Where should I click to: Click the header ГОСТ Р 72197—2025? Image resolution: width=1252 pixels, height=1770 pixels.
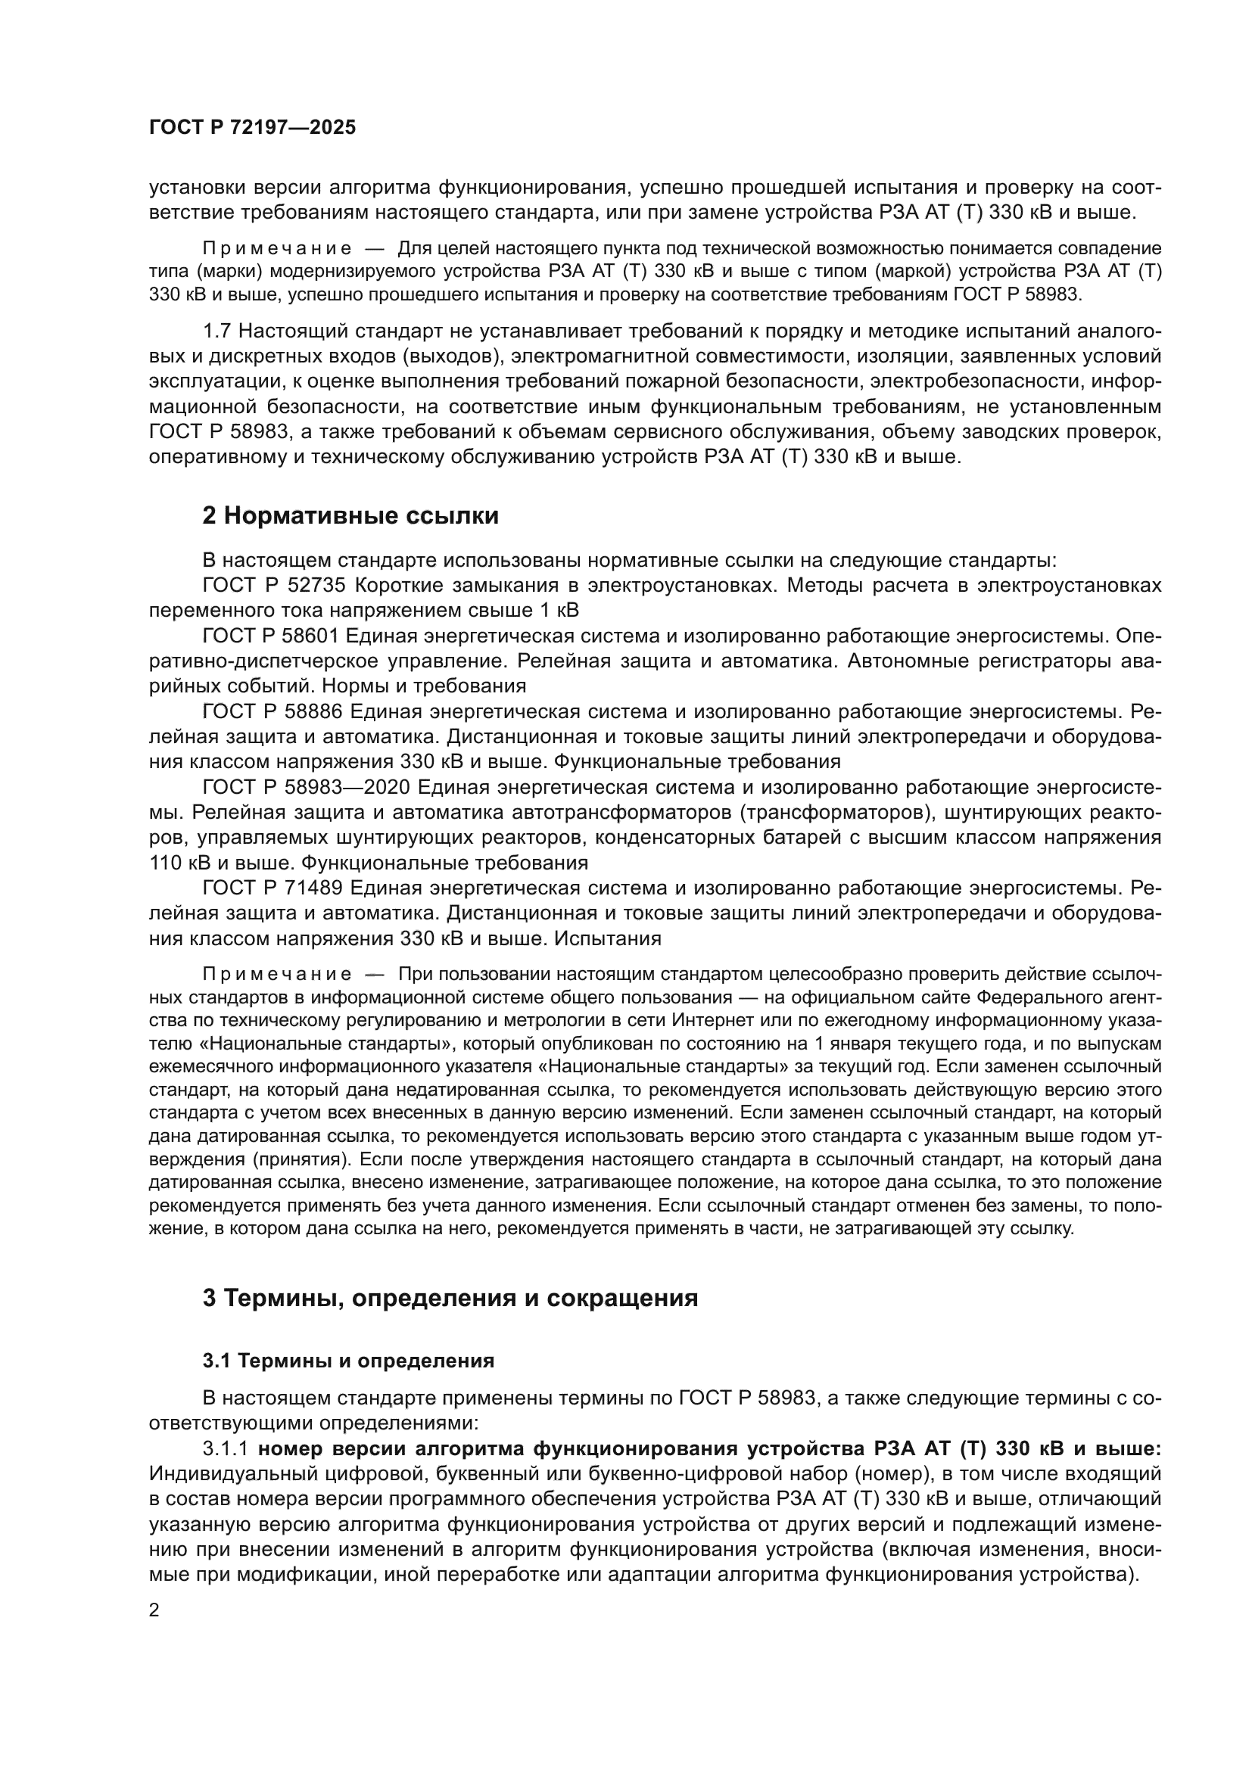click(x=252, y=128)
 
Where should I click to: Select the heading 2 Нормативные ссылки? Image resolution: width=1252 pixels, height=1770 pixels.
click(x=350, y=516)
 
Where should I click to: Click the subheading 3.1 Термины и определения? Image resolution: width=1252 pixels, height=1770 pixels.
click(x=347, y=1361)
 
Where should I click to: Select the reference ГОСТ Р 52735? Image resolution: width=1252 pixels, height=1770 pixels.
click(x=273, y=585)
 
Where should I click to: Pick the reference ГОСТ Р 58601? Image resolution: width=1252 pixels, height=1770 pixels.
click(x=273, y=636)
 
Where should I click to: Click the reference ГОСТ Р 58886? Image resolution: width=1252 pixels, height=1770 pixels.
click(x=273, y=711)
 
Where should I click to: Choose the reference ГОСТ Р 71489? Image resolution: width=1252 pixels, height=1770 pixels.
click(x=273, y=888)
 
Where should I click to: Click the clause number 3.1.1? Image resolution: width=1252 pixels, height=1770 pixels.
click(x=225, y=1448)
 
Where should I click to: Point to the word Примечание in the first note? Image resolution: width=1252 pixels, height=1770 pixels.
click(x=277, y=249)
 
